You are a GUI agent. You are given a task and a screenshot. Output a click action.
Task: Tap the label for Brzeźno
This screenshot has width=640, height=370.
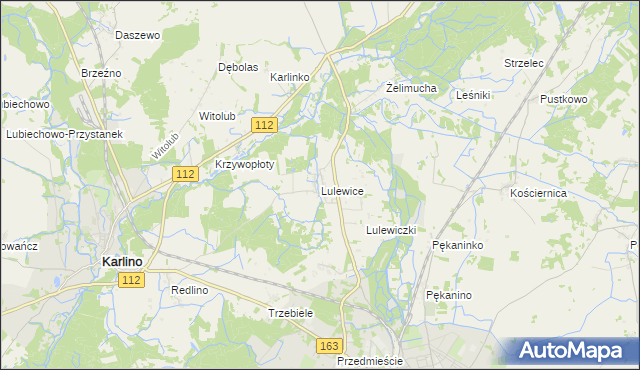point(100,72)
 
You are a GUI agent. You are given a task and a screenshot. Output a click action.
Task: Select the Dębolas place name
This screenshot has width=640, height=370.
point(238,67)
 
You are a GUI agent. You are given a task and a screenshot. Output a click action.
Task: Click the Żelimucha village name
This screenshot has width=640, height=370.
point(411,88)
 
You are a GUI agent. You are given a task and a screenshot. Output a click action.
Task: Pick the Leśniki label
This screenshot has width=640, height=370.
point(471,95)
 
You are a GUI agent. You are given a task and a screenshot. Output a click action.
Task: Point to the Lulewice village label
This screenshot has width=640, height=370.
point(341,190)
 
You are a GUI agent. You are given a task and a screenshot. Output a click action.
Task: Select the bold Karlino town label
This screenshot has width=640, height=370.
point(122,261)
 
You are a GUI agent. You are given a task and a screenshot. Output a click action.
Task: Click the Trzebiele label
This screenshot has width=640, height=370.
point(291,313)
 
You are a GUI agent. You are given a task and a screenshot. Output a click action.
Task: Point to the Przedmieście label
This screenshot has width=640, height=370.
point(369,360)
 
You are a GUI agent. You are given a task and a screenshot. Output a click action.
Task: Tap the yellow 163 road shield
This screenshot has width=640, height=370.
point(330,345)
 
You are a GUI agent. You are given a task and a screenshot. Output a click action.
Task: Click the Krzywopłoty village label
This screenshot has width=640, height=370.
point(244,164)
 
